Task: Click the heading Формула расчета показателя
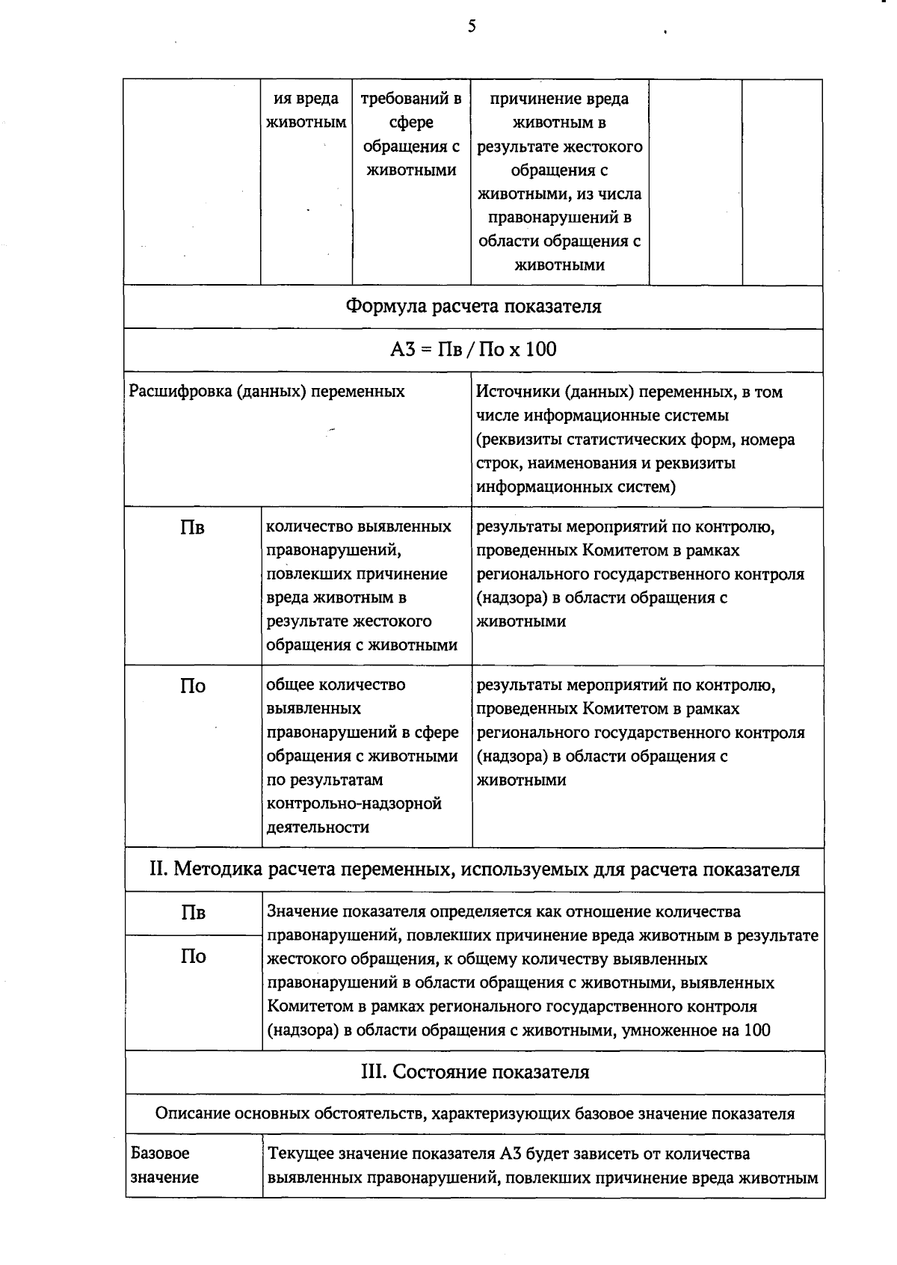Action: tap(473, 307)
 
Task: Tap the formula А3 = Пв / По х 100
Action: tap(473, 349)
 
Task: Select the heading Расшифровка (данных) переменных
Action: tap(267, 392)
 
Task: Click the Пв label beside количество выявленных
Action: tap(193, 529)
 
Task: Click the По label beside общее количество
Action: tap(193, 686)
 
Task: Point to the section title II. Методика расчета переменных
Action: tap(474, 870)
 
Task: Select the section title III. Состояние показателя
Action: tap(475, 1072)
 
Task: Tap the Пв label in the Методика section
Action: tap(193, 913)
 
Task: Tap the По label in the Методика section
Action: tap(193, 956)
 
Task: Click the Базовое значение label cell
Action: tap(165, 1165)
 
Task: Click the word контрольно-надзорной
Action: tap(354, 804)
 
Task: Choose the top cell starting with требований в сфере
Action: tap(411, 135)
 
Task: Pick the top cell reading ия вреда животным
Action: tap(306, 111)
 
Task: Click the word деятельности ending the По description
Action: tap(318, 828)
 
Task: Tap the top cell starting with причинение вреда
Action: tap(560, 182)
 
